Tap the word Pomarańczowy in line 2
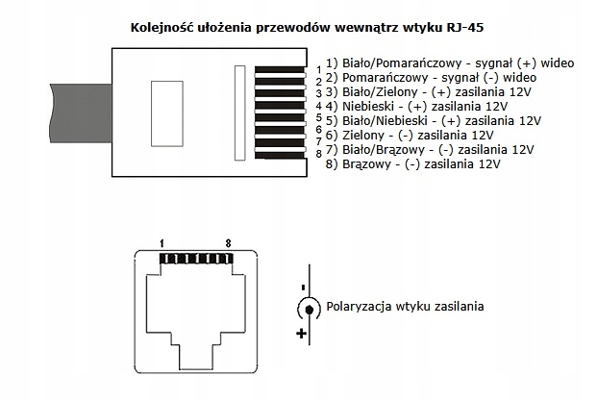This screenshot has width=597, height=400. click(382, 77)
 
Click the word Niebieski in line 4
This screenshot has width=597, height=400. click(369, 106)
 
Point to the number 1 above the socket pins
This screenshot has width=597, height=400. click(163, 244)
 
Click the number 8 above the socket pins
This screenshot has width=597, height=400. click(227, 244)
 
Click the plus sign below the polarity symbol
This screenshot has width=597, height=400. click(301, 334)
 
